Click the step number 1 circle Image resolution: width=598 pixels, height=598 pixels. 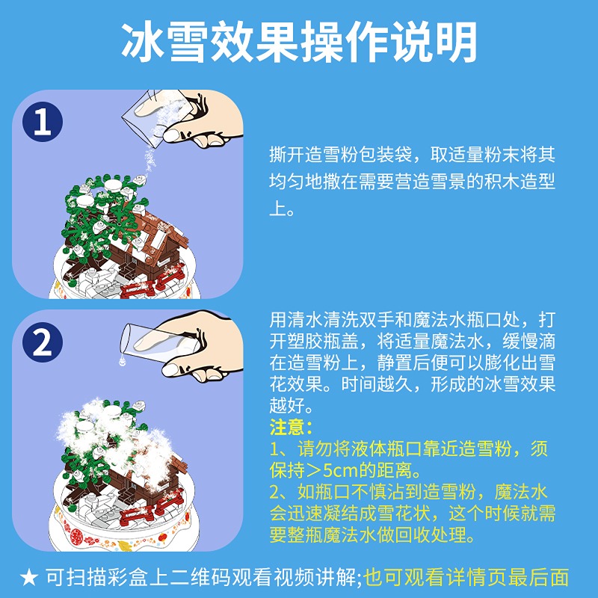pyautogui.click(x=43, y=122)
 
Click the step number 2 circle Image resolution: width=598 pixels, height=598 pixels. pyautogui.click(x=43, y=342)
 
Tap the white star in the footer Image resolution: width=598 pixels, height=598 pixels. pyautogui.click(x=29, y=578)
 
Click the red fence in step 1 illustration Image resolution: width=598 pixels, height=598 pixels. pyautogui.click(x=152, y=286)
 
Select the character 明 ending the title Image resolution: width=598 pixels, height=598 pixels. pyautogui.click(x=456, y=41)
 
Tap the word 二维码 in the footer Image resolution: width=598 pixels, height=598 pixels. pyautogui.click(x=200, y=578)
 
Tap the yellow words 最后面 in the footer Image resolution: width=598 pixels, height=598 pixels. pyautogui.click(x=542, y=578)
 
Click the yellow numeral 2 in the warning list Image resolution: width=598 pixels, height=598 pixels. pyautogui.click(x=274, y=493)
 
